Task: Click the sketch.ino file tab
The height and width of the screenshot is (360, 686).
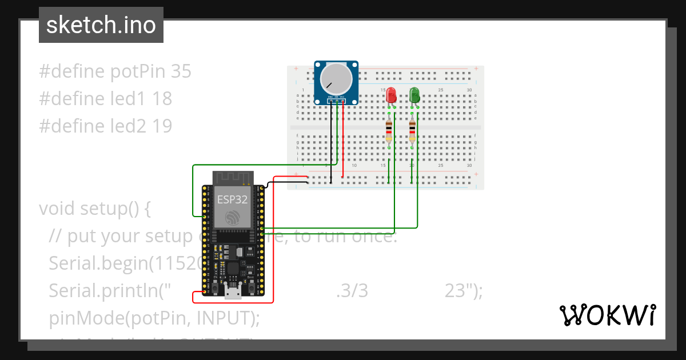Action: pyautogui.click(x=101, y=25)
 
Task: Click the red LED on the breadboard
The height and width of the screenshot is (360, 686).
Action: pyautogui.click(x=391, y=95)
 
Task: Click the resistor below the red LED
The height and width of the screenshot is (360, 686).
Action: pyautogui.click(x=389, y=131)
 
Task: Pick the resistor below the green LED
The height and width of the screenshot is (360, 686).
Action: pyautogui.click(x=412, y=131)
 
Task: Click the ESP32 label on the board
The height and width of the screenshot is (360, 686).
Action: pyautogui.click(x=232, y=199)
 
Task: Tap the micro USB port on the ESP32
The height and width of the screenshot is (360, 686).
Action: pyautogui.click(x=232, y=293)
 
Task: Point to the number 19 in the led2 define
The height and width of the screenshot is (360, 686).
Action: pyautogui.click(x=162, y=126)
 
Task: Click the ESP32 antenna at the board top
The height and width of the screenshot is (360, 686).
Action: pyautogui.click(x=232, y=178)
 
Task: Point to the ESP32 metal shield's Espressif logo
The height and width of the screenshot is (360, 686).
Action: pyautogui.click(x=233, y=217)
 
